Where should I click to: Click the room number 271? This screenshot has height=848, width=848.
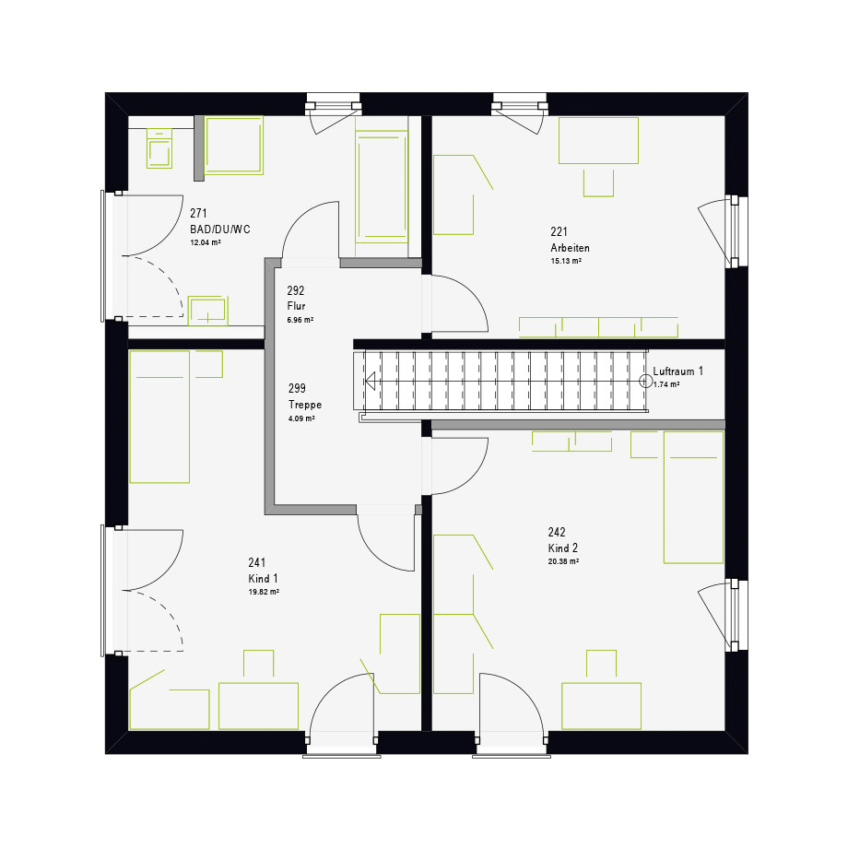[198, 213]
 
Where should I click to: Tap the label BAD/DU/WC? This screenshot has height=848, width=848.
[220, 230]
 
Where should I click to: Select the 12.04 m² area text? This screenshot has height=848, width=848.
[206, 242]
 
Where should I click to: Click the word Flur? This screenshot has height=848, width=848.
[297, 306]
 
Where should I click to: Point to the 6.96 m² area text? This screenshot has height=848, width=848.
[300, 320]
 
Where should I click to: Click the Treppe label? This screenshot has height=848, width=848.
[305, 405]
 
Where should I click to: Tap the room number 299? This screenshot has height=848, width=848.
[297, 388]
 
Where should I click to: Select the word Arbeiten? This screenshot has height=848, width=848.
[570, 248]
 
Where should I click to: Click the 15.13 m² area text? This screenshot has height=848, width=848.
[566, 261]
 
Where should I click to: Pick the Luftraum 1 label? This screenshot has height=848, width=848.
[678, 371]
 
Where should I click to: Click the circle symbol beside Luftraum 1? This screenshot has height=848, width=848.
[646, 382]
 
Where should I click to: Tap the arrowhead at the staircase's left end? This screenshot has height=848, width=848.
[371, 382]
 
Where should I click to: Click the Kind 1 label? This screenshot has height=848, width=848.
[263, 579]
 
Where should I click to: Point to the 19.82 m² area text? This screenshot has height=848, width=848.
[264, 592]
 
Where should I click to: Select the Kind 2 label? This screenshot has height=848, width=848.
[563, 548]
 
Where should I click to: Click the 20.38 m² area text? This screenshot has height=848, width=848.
[563, 562]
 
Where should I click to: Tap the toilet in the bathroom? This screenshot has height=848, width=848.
[159, 148]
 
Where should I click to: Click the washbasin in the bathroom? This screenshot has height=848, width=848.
[207, 311]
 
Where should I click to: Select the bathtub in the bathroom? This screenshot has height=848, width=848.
[382, 185]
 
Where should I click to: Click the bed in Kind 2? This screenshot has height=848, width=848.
[693, 497]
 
